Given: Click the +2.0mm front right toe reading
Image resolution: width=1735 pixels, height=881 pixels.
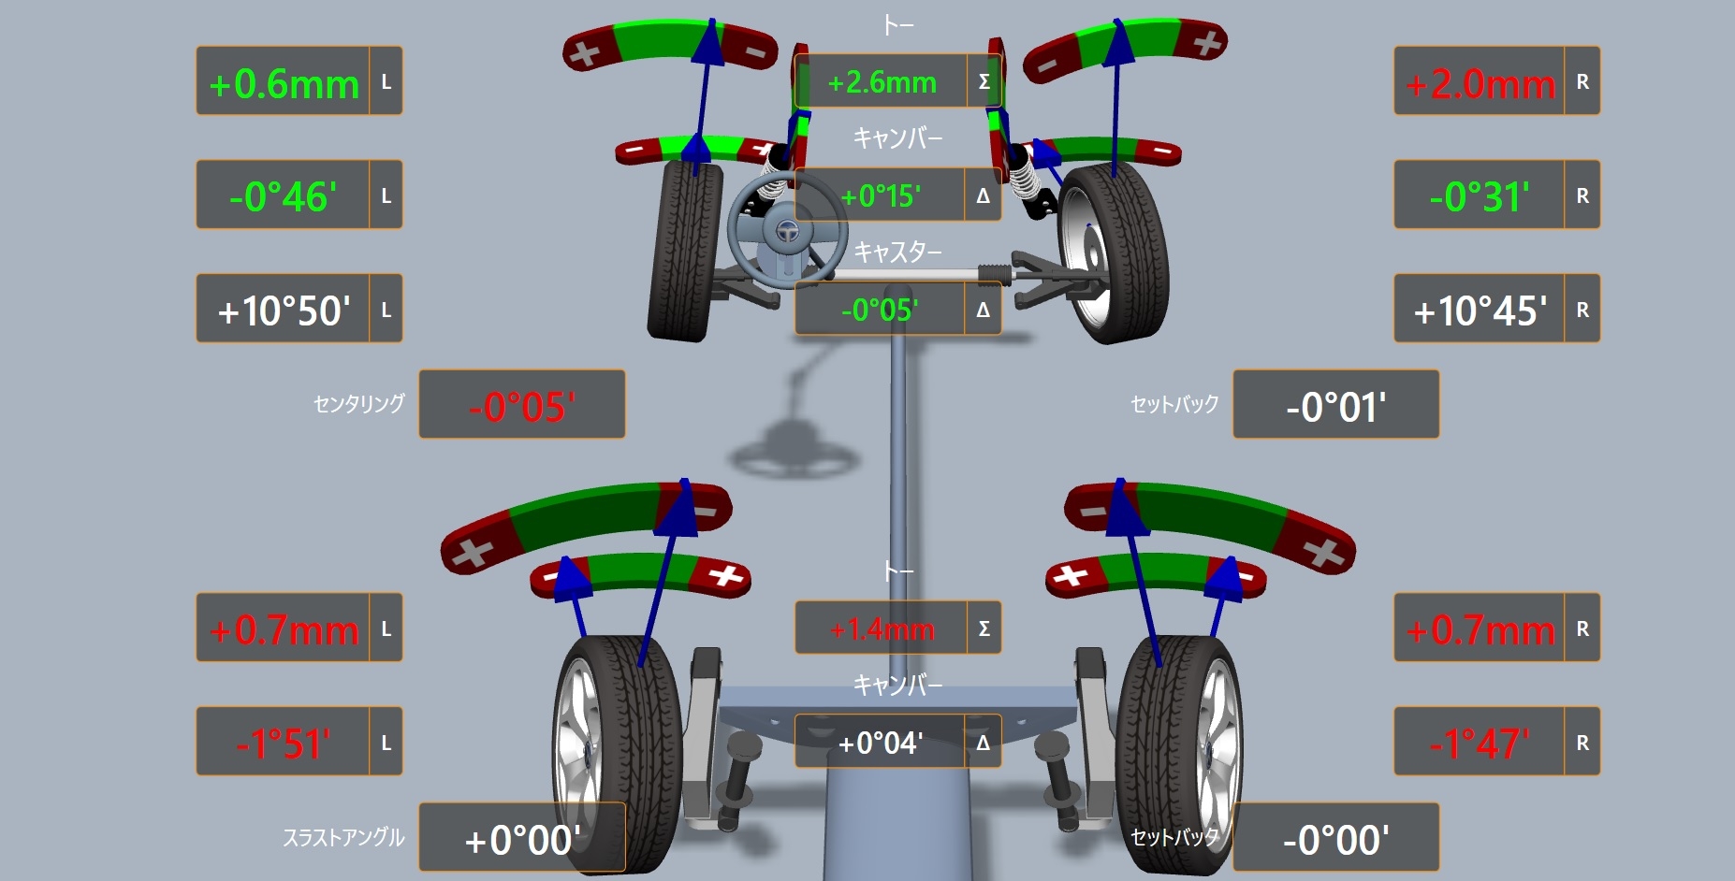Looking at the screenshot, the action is tap(1480, 84).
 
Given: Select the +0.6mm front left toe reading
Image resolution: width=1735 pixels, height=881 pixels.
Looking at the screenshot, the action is tap(284, 84).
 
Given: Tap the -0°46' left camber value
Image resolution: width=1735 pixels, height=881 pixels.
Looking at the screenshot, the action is tap(283, 197).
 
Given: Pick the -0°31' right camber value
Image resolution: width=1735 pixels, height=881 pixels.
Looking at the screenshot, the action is tap(1480, 197).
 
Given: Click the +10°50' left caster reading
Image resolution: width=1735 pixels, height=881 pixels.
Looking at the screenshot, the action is tap(284, 311).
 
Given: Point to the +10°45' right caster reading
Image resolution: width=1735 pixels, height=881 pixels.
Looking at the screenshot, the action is tap(1480, 311).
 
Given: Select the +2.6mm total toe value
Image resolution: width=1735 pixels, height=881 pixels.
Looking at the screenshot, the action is tap(882, 82).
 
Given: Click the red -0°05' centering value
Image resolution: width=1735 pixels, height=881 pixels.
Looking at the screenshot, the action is tap(521, 407).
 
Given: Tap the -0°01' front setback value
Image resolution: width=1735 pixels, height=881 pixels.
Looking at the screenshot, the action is tap(1335, 407).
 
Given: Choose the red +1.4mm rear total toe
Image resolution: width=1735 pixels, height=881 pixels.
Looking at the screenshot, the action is tap(882, 629).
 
